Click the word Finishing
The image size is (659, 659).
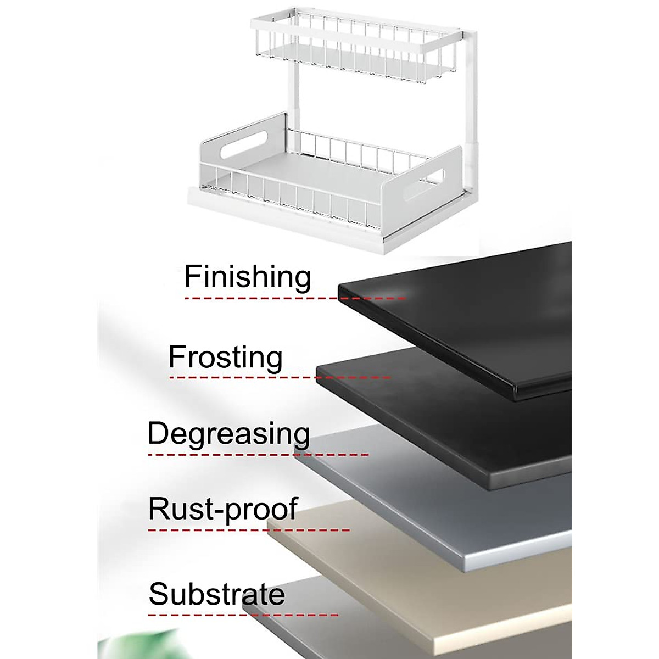pyautogui.click(x=248, y=276)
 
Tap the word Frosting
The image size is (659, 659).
pyautogui.click(x=225, y=358)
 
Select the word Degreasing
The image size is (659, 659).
pyautogui.click(x=228, y=434)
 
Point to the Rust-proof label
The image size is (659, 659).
pyautogui.click(x=222, y=509)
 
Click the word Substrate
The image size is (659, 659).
pyautogui.click(x=216, y=594)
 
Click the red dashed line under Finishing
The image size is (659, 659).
pyautogui.click(x=294, y=298)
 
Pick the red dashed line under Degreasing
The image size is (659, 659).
pyautogui.click(x=258, y=455)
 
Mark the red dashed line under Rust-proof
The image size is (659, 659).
pyautogui.click(x=248, y=530)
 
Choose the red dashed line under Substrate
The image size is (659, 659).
pyautogui.click(x=243, y=615)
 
